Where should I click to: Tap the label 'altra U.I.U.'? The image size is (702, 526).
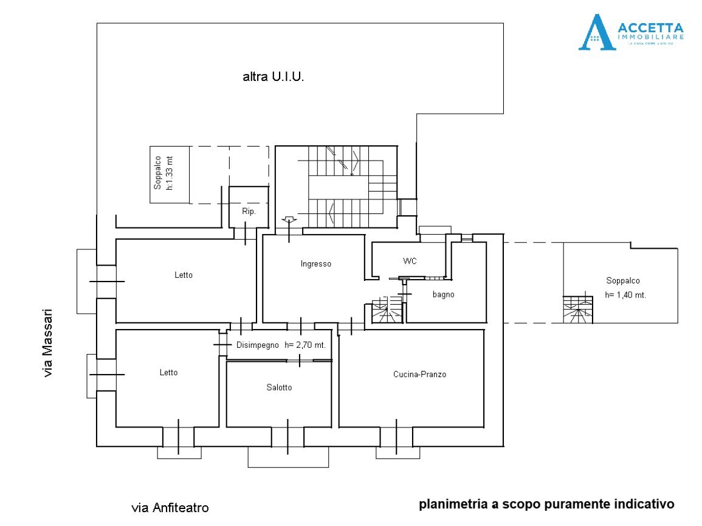pyautogui.click(x=273, y=77)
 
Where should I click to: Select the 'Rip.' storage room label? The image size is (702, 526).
pyautogui.click(x=248, y=212)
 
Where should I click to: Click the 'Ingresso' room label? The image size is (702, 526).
pyautogui.click(x=316, y=264)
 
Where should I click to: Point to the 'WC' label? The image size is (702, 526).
pyautogui.click(x=410, y=261)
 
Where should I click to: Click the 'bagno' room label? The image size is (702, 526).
pyautogui.click(x=444, y=294)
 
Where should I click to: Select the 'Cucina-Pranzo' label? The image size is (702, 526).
pyautogui.click(x=419, y=375)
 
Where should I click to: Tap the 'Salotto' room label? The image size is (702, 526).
pyautogui.click(x=279, y=387)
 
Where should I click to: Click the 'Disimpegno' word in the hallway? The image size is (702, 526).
pyautogui.click(x=257, y=345)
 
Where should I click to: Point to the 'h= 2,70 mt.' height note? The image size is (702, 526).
pyautogui.click(x=305, y=345)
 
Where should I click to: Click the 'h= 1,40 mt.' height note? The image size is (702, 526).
pyautogui.click(x=625, y=294)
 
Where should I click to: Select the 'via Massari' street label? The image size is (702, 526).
pyautogui.click(x=48, y=344)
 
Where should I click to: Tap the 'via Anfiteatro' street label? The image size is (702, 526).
pyautogui.click(x=170, y=507)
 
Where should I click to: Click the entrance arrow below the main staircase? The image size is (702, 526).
pyautogui.click(x=289, y=220)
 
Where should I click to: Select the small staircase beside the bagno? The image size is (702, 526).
pyautogui.click(x=384, y=310)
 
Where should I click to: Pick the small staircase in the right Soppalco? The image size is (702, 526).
pyautogui.click(x=577, y=310)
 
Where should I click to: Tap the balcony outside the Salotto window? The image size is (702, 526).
pyautogui.click(x=288, y=457)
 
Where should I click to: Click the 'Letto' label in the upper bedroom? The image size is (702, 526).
pyautogui.click(x=183, y=275)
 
